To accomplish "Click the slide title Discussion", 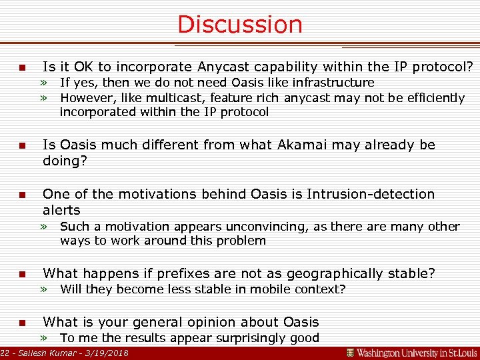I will pyautogui.click(x=239, y=25).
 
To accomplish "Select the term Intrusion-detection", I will pyautogui.click(x=370, y=194).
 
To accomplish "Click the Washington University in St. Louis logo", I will pyautogui.click(x=411, y=352).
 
